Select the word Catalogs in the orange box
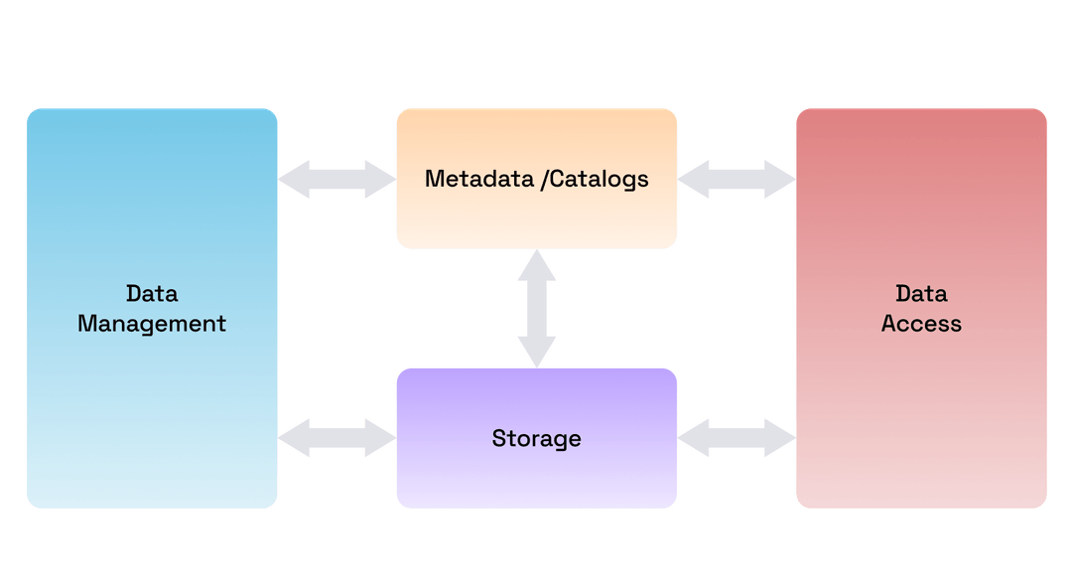click(x=599, y=179)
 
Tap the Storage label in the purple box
click(x=536, y=438)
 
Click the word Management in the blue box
click(x=152, y=324)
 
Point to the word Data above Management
click(x=152, y=294)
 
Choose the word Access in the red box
click(x=921, y=324)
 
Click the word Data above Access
click(x=921, y=294)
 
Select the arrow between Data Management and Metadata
click(x=336, y=179)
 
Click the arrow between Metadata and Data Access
click(x=737, y=179)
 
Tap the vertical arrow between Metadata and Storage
click(x=536, y=308)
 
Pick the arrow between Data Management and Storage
click(x=336, y=438)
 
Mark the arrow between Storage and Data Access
click(x=737, y=438)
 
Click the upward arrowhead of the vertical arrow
click(x=536, y=263)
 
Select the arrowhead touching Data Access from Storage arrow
click(x=779, y=438)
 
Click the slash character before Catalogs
click(x=544, y=179)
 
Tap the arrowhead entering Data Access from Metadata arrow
click(x=779, y=179)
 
